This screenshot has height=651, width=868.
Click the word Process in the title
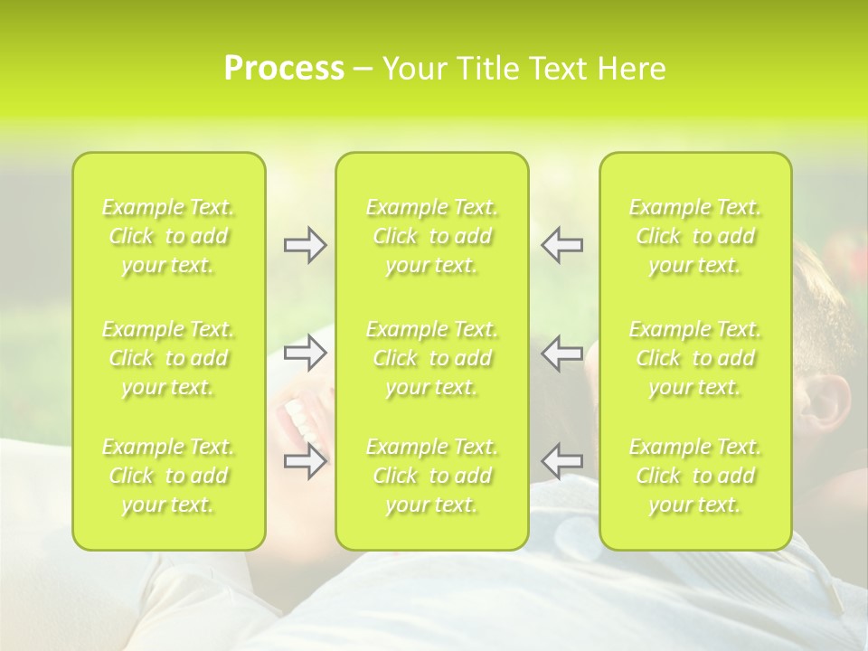click(x=283, y=69)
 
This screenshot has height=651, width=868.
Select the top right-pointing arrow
click(x=305, y=245)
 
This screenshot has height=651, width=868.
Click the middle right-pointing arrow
click(x=305, y=353)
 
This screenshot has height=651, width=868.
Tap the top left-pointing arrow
click(x=562, y=245)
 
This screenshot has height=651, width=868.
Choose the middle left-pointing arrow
click(x=562, y=353)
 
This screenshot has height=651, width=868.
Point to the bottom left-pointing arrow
click(x=562, y=461)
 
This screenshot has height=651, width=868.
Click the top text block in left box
click(x=168, y=236)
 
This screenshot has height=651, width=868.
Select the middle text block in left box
click(x=168, y=358)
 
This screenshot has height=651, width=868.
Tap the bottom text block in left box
click(x=168, y=476)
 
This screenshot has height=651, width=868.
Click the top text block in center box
click(x=432, y=236)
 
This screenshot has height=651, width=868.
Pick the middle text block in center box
click(x=432, y=358)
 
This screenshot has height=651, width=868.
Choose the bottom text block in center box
click(x=432, y=476)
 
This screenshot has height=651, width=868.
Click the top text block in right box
click(x=695, y=236)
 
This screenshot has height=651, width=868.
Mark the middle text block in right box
click(x=695, y=358)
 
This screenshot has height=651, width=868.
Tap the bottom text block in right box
click(x=695, y=476)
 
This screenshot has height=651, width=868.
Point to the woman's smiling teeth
click(x=302, y=420)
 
